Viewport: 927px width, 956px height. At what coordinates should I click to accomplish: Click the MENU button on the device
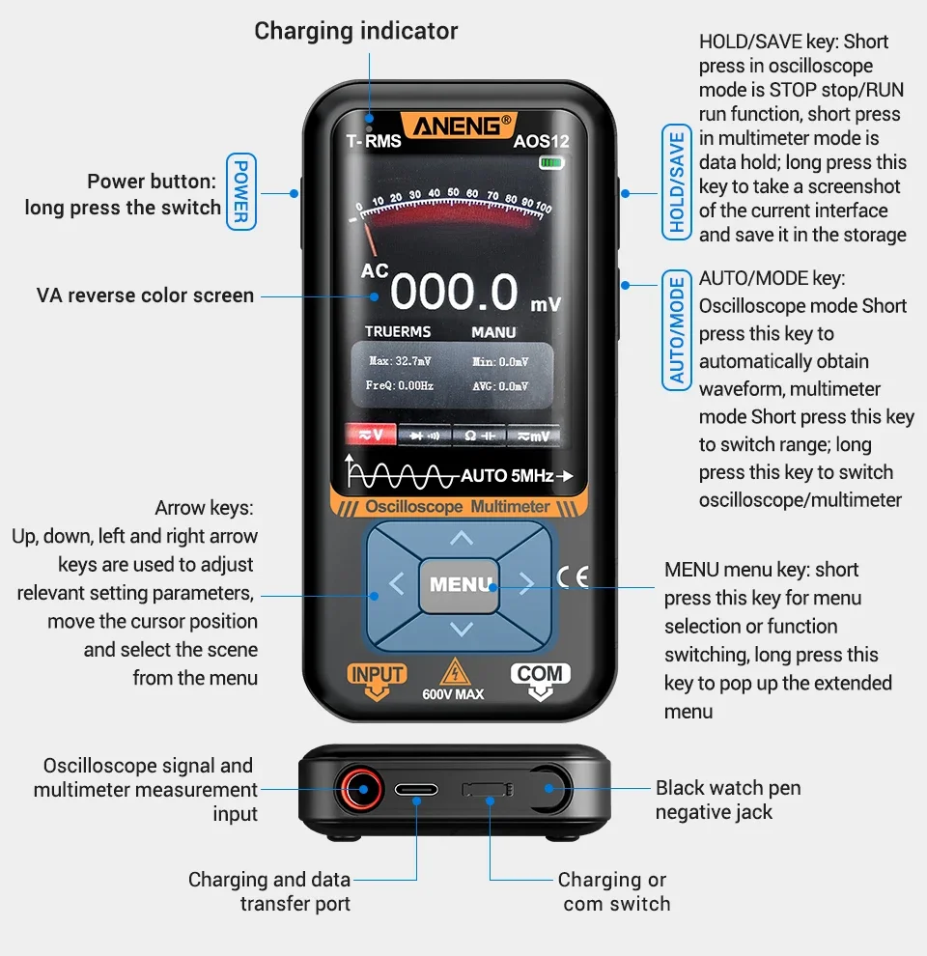click(x=460, y=584)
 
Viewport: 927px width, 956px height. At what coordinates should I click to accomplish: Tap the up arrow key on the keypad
click(x=462, y=538)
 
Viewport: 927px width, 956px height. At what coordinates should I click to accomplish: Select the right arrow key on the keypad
click(x=526, y=583)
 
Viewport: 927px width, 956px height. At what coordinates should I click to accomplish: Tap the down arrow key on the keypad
click(x=462, y=630)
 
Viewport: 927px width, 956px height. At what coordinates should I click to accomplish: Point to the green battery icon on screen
click(x=551, y=162)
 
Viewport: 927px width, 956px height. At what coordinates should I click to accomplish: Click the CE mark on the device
click(x=573, y=576)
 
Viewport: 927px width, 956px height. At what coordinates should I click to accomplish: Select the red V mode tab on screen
click(x=371, y=436)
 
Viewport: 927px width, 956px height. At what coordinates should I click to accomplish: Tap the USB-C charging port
click(x=416, y=790)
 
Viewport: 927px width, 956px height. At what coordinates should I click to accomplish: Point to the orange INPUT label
click(x=378, y=675)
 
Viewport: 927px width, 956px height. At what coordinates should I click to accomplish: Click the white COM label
click(x=540, y=674)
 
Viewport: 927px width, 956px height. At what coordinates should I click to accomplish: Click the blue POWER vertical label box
click(x=240, y=191)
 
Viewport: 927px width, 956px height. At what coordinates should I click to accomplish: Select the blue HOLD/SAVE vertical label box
click(x=676, y=181)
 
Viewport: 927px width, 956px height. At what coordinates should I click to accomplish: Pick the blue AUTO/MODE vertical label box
click(x=676, y=329)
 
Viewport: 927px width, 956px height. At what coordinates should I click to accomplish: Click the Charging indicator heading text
click(x=355, y=31)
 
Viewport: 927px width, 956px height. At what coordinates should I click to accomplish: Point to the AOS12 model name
click(x=541, y=141)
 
